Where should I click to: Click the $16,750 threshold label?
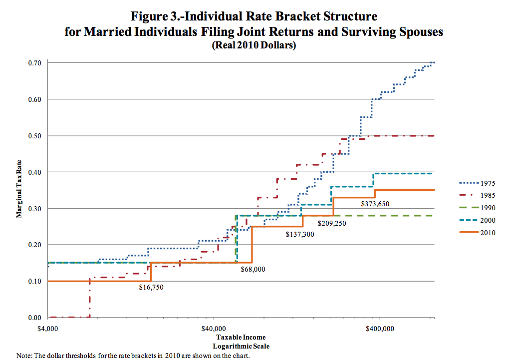(x=151, y=287)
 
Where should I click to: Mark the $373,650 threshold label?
(x=375, y=204)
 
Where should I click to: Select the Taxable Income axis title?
(x=242, y=337)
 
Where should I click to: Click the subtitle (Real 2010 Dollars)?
(x=254, y=45)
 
